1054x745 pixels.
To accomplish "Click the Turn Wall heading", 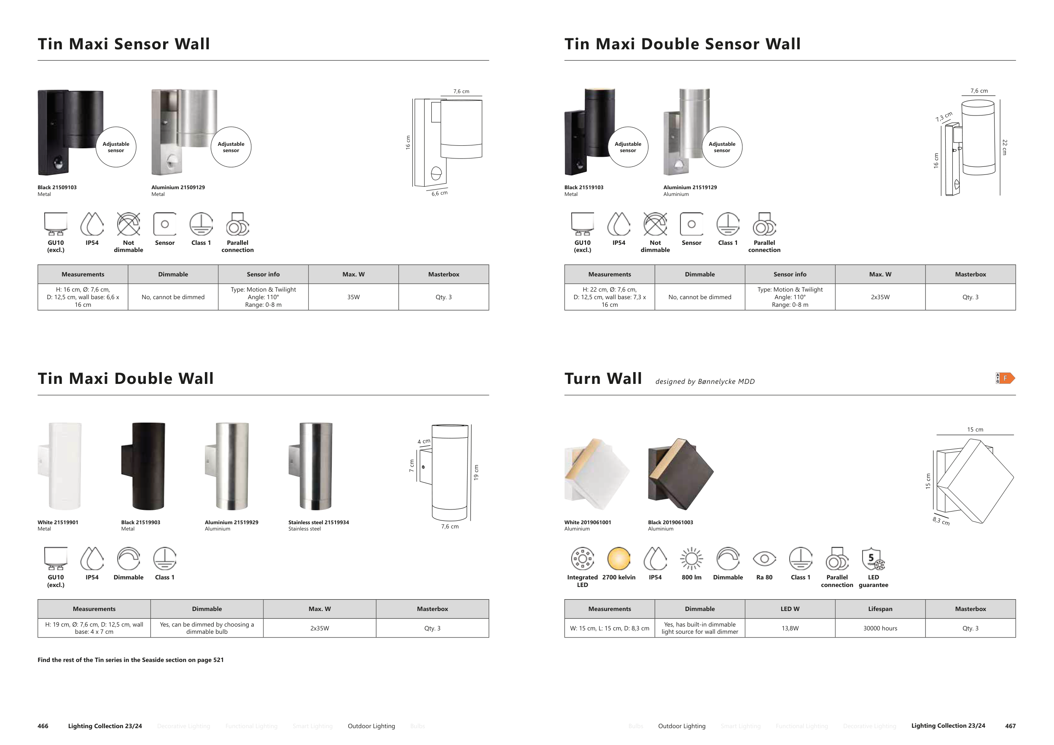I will (603, 378).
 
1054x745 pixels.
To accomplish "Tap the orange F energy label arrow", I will (1006, 378).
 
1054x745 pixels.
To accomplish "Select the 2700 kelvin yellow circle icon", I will (618, 558).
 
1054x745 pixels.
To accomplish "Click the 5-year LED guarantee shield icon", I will (873, 559).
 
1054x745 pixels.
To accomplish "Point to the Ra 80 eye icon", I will (764, 558).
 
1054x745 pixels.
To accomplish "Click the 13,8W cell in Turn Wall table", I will (790, 628).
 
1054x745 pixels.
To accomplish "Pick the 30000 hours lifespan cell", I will (880, 628).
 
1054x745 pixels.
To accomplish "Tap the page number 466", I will (43, 726).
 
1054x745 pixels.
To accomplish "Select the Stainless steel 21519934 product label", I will (318, 522).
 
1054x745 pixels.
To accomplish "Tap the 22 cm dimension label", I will (1004, 147).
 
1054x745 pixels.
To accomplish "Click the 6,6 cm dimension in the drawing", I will (439, 193).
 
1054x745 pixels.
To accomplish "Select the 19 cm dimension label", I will (476, 472).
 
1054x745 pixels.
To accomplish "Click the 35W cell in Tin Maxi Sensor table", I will (353, 297).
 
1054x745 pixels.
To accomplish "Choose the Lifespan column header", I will (880, 609).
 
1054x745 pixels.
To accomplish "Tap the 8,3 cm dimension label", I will (941, 521).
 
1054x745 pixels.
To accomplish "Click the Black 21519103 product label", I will (583, 187).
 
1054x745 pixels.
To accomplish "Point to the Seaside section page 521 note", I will (130, 660).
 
